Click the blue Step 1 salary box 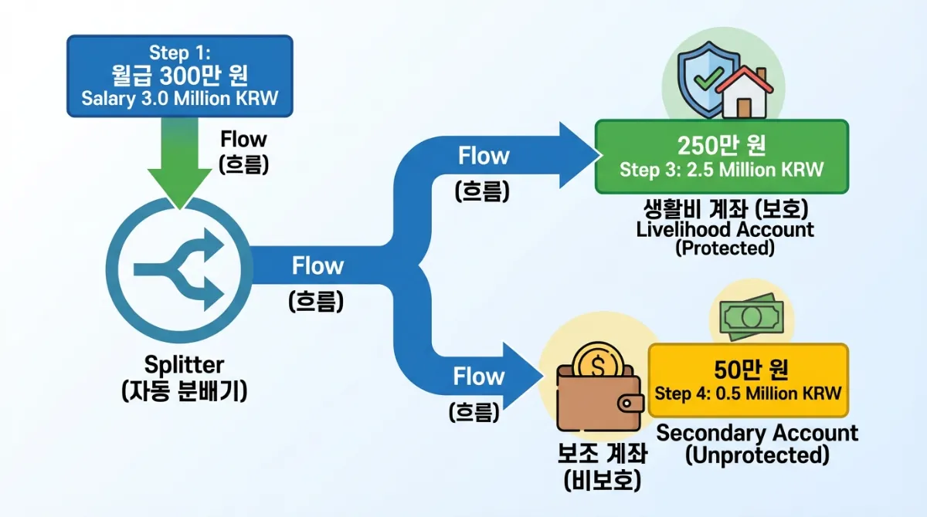(x=180, y=76)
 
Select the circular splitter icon (x=179, y=270)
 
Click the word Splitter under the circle (x=184, y=365)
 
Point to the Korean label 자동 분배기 (x=185, y=390)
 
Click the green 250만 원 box (x=722, y=157)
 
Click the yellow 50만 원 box (x=749, y=380)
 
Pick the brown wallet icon (x=599, y=398)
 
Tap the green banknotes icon (x=752, y=317)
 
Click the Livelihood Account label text (x=725, y=230)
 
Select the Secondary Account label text (x=757, y=433)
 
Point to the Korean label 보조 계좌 (x=602, y=454)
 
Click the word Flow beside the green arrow (x=243, y=139)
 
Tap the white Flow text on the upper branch (x=484, y=156)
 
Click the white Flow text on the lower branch (x=479, y=377)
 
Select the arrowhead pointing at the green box (x=579, y=155)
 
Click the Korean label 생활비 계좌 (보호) (x=726, y=208)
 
